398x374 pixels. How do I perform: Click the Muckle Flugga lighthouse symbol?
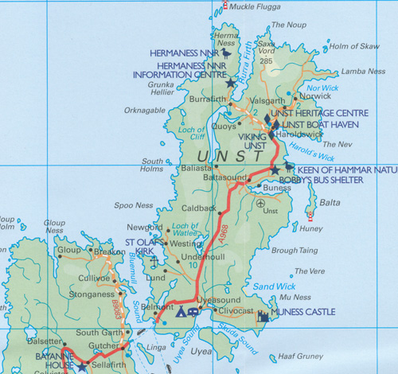[226, 6]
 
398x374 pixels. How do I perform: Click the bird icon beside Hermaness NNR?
[227, 53]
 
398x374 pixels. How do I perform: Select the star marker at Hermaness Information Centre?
[231, 82]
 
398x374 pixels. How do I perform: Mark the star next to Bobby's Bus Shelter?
[275, 170]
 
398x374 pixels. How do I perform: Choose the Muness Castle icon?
[263, 317]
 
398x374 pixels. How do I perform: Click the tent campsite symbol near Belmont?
[181, 313]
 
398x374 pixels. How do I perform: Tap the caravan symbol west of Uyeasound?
[193, 313]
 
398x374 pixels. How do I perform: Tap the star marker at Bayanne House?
[81, 367]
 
